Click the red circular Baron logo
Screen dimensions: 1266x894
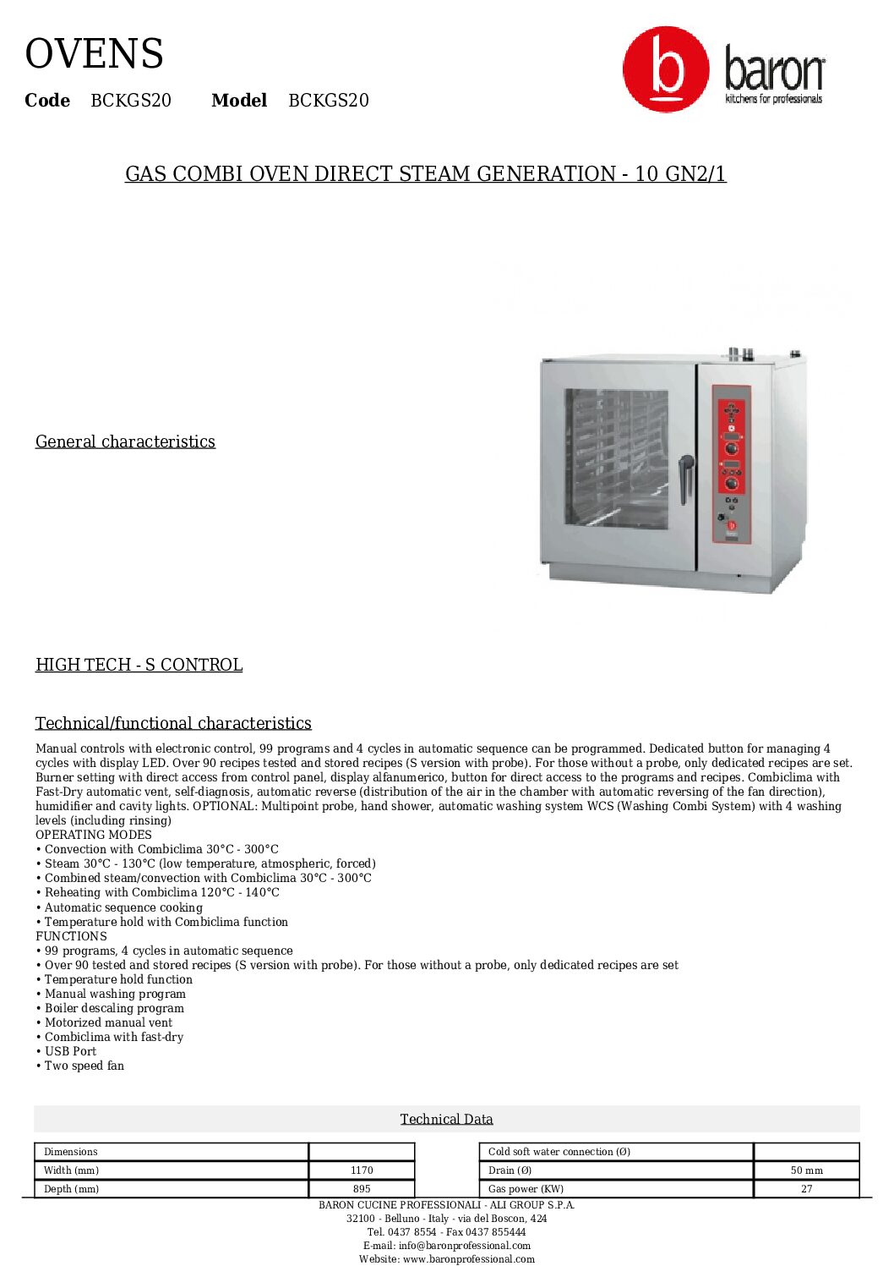pos(666,69)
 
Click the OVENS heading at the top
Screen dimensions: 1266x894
pos(94,54)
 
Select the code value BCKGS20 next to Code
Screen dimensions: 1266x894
pos(131,101)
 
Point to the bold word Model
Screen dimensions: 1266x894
pos(239,101)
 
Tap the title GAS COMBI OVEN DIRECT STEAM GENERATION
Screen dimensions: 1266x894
pos(425,174)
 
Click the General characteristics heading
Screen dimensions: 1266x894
pos(125,441)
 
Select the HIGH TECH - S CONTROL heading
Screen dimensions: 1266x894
pos(139,665)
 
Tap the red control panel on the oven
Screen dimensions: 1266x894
pos(731,461)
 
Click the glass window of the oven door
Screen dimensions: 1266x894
pos(616,458)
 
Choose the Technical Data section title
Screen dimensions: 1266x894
pos(446,1119)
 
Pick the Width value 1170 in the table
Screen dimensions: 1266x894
pos(362,1170)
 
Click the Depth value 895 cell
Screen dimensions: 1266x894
pos(362,1189)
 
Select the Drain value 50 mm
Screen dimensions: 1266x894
pos(806,1170)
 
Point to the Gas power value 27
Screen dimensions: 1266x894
pos(806,1189)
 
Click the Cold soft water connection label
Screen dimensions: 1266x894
pos(559,1152)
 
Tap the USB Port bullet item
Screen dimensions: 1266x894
pos(70,1051)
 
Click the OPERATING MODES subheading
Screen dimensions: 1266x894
pos(94,835)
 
